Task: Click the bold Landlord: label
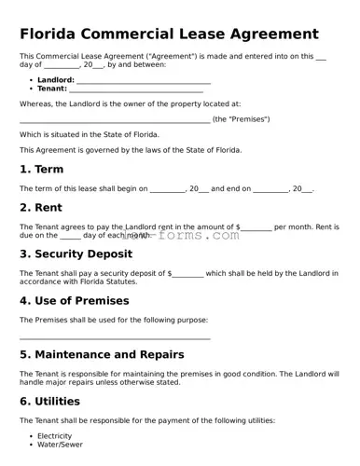pyautogui.click(x=55, y=80)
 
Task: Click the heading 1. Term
pyautogui.click(x=42, y=170)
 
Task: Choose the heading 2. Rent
pyautogui.click(x=42, y=208)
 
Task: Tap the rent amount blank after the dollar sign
pyautogui.click(x=257, y=226)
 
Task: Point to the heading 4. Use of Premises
pyautogui.click(x=87, y=301)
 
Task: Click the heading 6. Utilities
pyautogui.click(x=50, y=402)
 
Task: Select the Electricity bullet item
pyautogui.click(x=54, y=435)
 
